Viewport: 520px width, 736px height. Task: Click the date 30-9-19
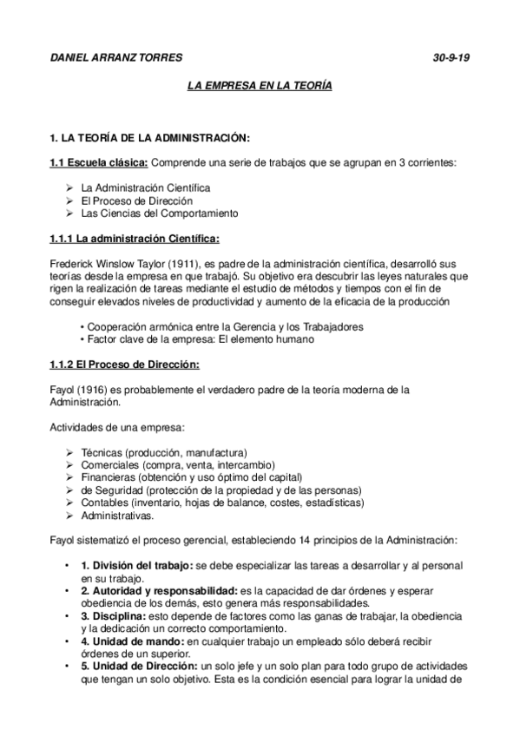point(451,58)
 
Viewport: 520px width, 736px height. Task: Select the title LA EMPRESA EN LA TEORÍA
point(260,88)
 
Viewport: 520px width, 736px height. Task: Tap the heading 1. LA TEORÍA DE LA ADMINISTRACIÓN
point(150,138)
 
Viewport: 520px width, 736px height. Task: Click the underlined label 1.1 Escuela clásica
point(99,162)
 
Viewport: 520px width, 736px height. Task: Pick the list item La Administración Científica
point(145,187)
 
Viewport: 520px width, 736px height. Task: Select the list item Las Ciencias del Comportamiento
point(159,213)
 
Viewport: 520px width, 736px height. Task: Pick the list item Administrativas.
point(117,516)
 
